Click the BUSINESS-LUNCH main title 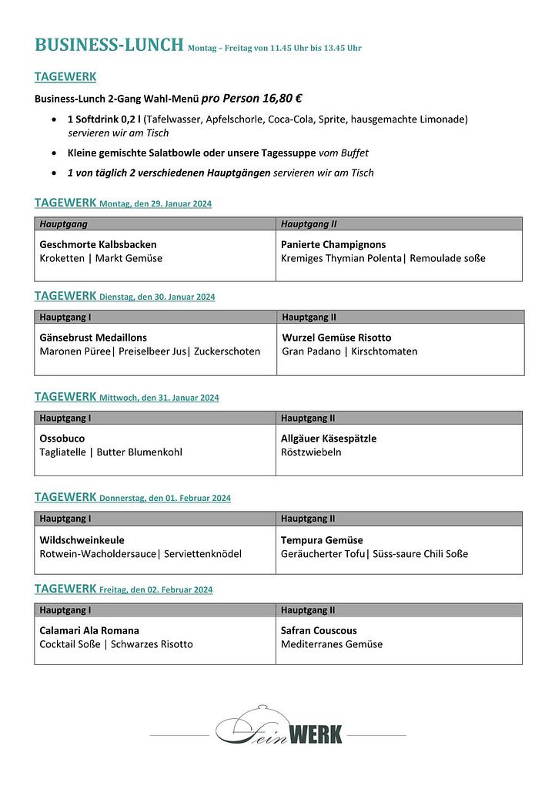pyautogui.click(x=109, y=45)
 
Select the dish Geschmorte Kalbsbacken pyautogui.click(x=98, y=244)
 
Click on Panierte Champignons pyautogui.click(x=333, y=244)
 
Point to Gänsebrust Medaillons pyautogui.click(x=93, y=338)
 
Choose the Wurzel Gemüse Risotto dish pyautogui.click(x=336, y=338)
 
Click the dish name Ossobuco pyautogui.click(x=62, y=438)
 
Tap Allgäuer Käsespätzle pyautogui.click(x=329, y=438)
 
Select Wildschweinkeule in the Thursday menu pyautogui.click(x=82, y=540)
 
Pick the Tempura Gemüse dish pyautogui.click(x=322, y=540)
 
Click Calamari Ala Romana pyautogui.click(x=89, y=630)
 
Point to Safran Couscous pyautogui.click(x=319, y=630)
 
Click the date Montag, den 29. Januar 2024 pyautogui.click(x=155, y=204)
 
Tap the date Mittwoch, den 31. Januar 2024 pyautogui.click(x=159, y=398)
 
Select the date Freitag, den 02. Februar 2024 pyautogui.click(x=156, y=590)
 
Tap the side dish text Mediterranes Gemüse pyautogui.click(x=332, y=644)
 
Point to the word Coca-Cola pyautogui.click(x=353, y=119)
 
